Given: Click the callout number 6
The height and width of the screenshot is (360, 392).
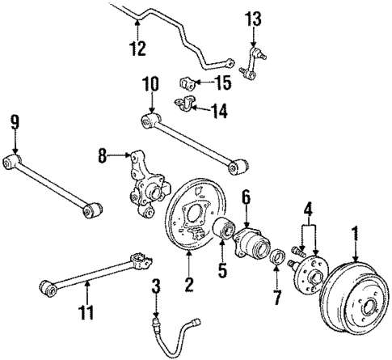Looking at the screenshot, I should point(246,196).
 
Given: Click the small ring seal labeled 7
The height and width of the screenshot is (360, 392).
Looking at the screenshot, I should point(277,257).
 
